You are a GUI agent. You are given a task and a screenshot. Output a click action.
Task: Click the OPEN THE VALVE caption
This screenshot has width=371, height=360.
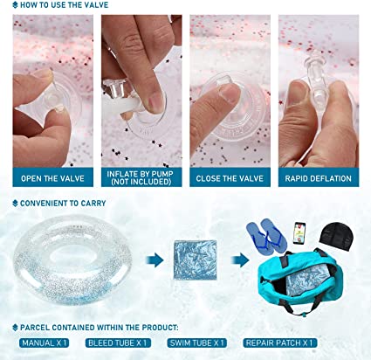(52, 178)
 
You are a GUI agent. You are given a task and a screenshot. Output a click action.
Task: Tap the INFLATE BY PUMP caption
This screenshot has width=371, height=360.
(140, 177)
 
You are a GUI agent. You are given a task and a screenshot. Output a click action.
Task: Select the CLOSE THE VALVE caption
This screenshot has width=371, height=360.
(230, 178)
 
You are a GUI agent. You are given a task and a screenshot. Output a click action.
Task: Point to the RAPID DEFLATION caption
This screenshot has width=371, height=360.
(318, 178)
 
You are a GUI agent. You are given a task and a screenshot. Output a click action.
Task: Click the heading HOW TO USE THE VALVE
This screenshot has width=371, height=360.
(64, 5)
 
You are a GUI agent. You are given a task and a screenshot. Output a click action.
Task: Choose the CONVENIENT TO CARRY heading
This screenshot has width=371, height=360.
(63, 203)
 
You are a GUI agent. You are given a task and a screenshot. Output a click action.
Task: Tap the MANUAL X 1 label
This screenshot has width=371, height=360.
(45, 343)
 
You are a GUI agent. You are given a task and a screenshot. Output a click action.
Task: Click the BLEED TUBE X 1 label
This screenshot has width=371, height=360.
(118, 343)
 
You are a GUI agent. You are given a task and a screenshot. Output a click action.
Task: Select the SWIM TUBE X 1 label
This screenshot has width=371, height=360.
(196, 343)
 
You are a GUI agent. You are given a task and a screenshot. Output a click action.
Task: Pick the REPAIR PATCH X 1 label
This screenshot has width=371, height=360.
(279, 343)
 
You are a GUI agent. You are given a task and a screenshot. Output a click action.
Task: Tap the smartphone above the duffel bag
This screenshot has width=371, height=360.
(299, 232)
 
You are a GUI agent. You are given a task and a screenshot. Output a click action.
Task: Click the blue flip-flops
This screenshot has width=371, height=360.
(266, 237)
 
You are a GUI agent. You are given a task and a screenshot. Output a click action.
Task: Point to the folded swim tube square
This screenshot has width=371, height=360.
(196, 260)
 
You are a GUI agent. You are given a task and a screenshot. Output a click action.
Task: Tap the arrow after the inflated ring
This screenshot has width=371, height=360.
(155, 260)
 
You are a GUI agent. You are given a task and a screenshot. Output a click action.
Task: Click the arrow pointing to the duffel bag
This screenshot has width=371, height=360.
(240, 260)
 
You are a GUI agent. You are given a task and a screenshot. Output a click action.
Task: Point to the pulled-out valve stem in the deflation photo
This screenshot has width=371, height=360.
(316, 77)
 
